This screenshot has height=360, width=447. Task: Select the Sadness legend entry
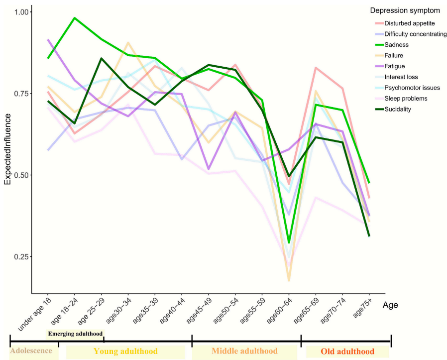[x=396, y=45]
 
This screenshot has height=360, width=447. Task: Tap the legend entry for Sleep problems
[x=406, y=99]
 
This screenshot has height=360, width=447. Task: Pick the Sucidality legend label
[x=399, y=109]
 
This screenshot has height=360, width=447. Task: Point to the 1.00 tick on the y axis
[x=21, y=11]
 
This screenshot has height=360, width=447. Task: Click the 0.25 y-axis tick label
[x=21, y=257]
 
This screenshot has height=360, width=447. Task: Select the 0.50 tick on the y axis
[x=21, y=175]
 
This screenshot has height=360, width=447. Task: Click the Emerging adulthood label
[x=75, y=334]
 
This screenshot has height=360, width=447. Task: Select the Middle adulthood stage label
[x=244, y=351]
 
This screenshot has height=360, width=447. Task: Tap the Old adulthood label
[x=347, y=351]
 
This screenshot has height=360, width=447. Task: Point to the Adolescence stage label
[x=31, y=350]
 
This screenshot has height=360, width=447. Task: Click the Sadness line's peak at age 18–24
[x=74, y=18]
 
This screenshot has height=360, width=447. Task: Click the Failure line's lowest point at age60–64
[x=289, y=280]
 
